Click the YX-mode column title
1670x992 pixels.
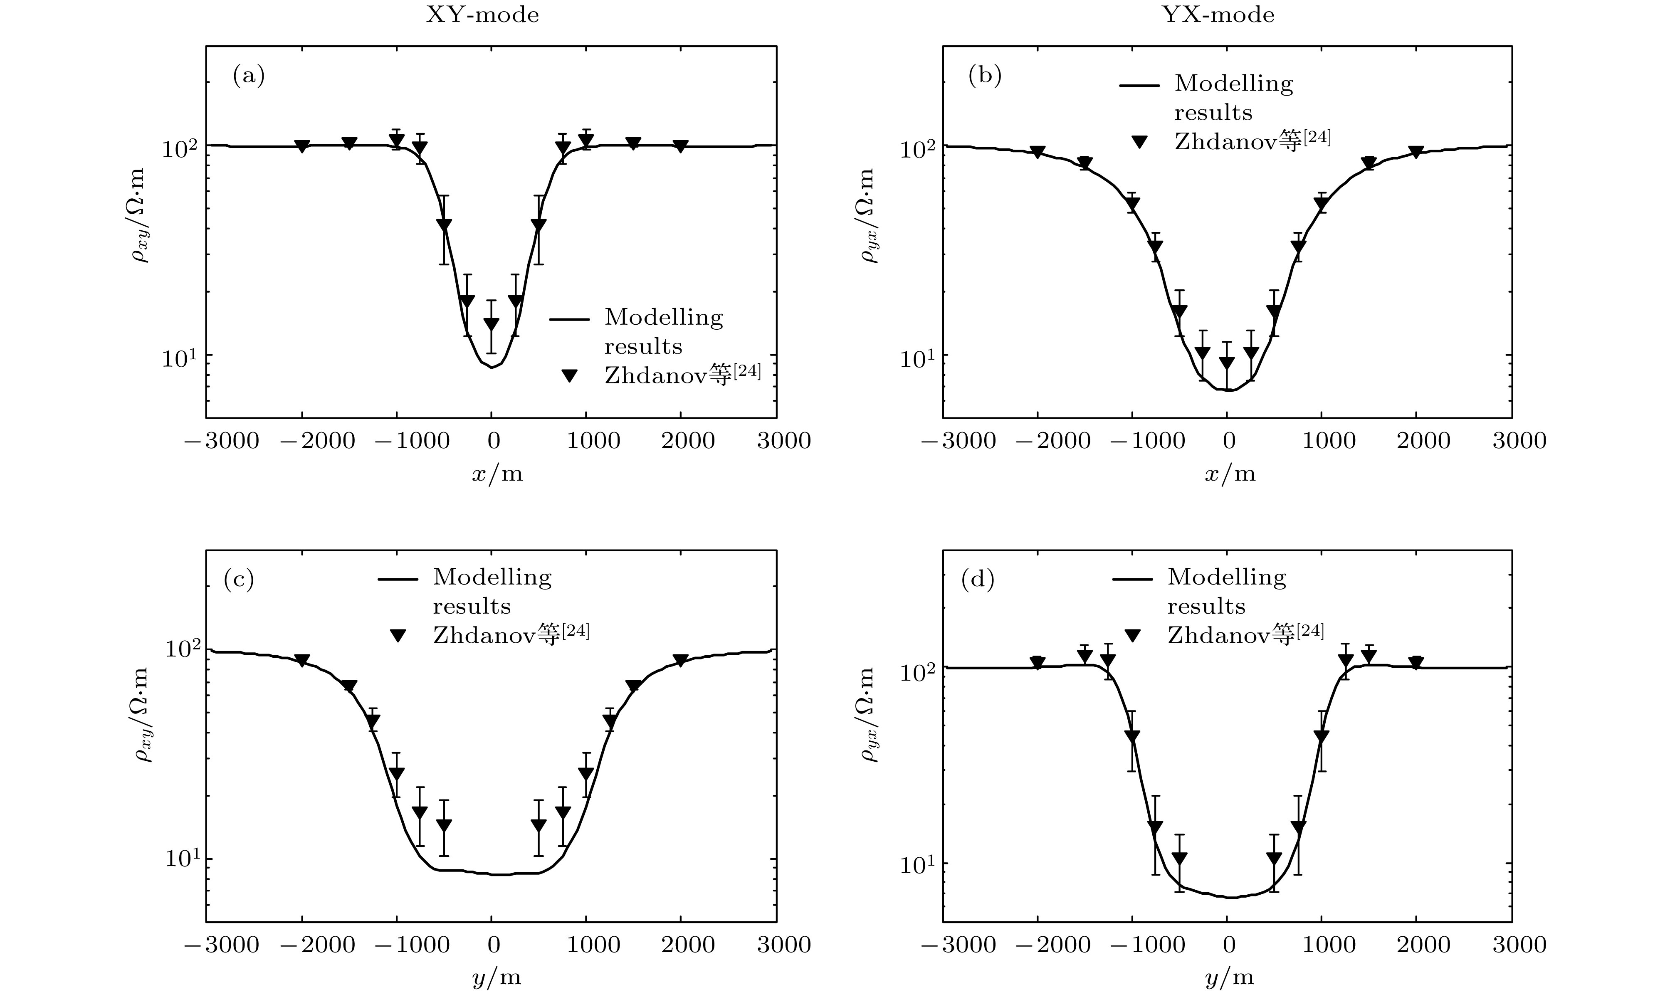[x=1219, y=15]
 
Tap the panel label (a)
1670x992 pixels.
[x=249, y=76]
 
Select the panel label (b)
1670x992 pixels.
[x=985, y=76]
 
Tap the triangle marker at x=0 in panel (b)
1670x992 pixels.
[x=1227, y=363]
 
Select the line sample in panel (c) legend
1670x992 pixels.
[x=398, y=579]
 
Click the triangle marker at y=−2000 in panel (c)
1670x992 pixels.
[x=302, y=661]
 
